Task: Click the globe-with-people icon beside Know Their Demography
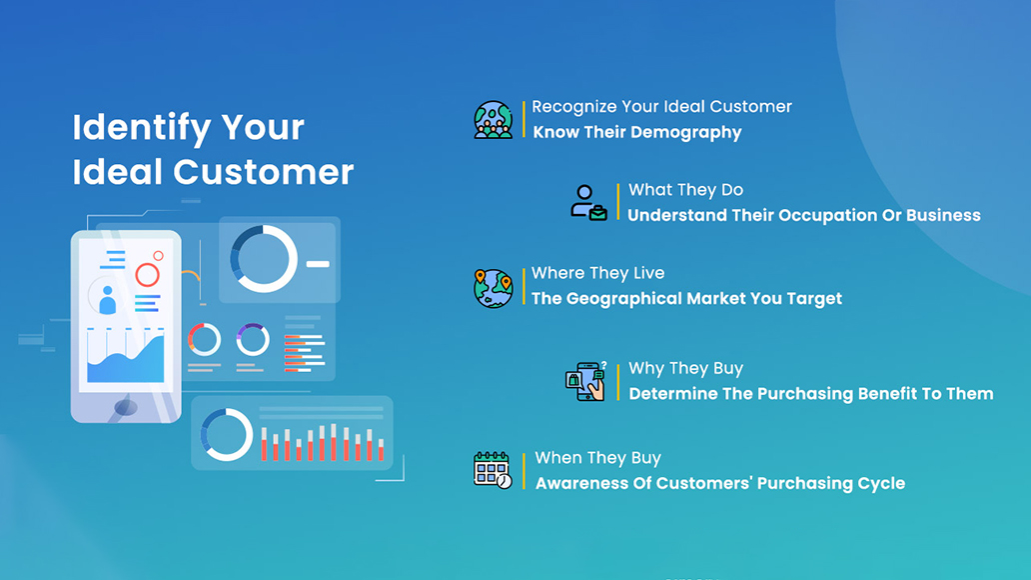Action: coord(494,120)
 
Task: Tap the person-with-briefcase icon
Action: coord(588,203)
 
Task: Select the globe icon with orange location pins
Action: coord(494,288)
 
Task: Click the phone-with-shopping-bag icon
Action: coord(585,381)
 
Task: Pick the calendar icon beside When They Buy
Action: coord(493,470)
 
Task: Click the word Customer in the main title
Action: coord(263,172)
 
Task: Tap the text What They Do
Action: coord(685,190)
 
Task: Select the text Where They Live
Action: coord(597,273)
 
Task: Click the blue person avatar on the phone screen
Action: coord(107,300)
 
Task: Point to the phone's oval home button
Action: coord(126,407)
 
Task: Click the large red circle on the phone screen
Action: coord(147,275)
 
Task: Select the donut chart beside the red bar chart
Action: coord(226,435)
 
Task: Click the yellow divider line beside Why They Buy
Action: coord(618,382)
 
